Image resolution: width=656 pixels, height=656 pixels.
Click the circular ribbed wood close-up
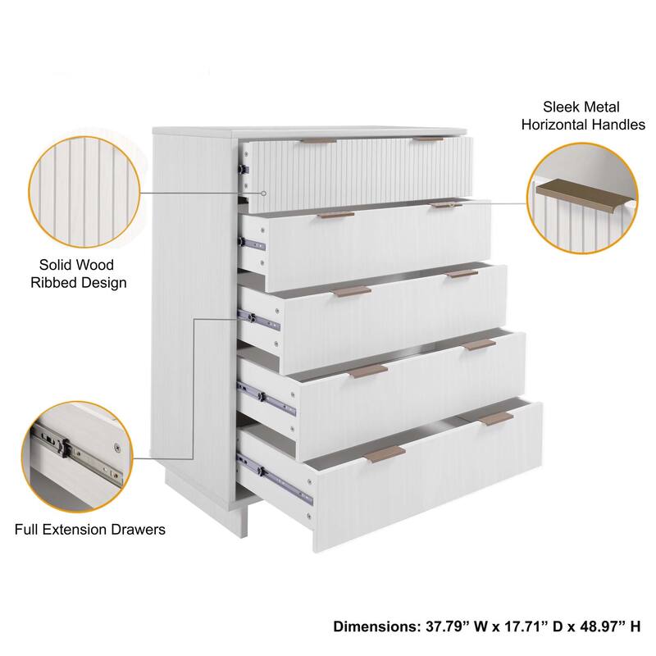[82, 191]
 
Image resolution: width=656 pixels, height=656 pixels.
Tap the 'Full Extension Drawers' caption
[90, 529]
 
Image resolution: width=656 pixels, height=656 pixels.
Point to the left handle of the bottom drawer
[385, 453]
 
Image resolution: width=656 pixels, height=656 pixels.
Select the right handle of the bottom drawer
[496, 419]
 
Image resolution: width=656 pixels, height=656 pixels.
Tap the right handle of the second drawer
[447, 204]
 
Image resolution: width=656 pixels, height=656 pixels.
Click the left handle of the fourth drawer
[367, 372]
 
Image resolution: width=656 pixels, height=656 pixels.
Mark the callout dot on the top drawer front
[265, 194]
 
